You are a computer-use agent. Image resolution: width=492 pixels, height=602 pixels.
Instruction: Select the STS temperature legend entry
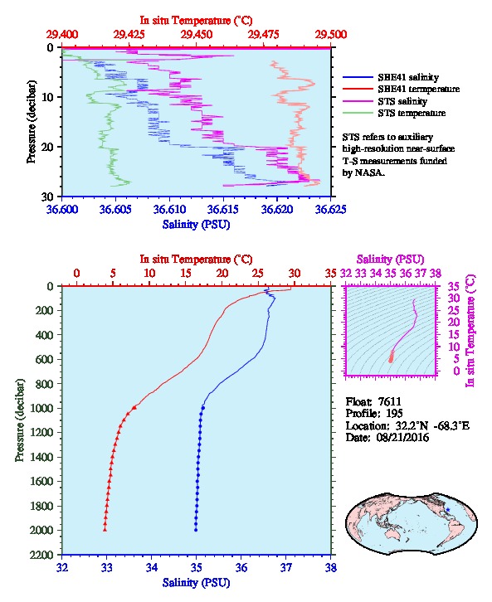coord(394,113)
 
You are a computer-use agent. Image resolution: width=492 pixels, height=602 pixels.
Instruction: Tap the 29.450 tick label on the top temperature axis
coord(197,35)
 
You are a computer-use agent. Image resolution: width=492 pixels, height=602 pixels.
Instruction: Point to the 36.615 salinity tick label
coord(223,209)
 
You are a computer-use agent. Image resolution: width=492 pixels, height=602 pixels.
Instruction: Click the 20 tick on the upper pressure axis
coord(51,147)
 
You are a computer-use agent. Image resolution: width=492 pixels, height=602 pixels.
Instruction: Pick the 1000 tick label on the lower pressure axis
coord(44,408)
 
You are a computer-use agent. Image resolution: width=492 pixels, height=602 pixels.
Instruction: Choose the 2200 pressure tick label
coord(44,555)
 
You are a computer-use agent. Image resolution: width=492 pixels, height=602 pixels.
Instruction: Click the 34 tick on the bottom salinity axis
coord(151,567)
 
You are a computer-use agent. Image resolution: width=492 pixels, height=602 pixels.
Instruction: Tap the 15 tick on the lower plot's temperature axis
coord(186,273)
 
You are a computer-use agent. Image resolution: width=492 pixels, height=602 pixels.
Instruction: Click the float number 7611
coord(389,401)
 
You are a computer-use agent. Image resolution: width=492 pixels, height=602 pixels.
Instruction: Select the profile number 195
coord(394,413)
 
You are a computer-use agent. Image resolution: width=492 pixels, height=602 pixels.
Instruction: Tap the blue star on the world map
coord(448,509)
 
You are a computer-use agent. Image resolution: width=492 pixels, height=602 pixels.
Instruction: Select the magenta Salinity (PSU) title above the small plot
coord(390,260)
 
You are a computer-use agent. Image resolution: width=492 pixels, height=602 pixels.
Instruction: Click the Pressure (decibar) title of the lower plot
coord(20,420)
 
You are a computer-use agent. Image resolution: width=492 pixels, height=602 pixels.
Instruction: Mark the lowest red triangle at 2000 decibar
coord(105,530)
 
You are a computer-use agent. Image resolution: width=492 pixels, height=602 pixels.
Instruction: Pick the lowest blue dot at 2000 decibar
coord(196,530)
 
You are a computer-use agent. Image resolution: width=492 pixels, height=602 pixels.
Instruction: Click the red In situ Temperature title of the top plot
coord(196,20)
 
